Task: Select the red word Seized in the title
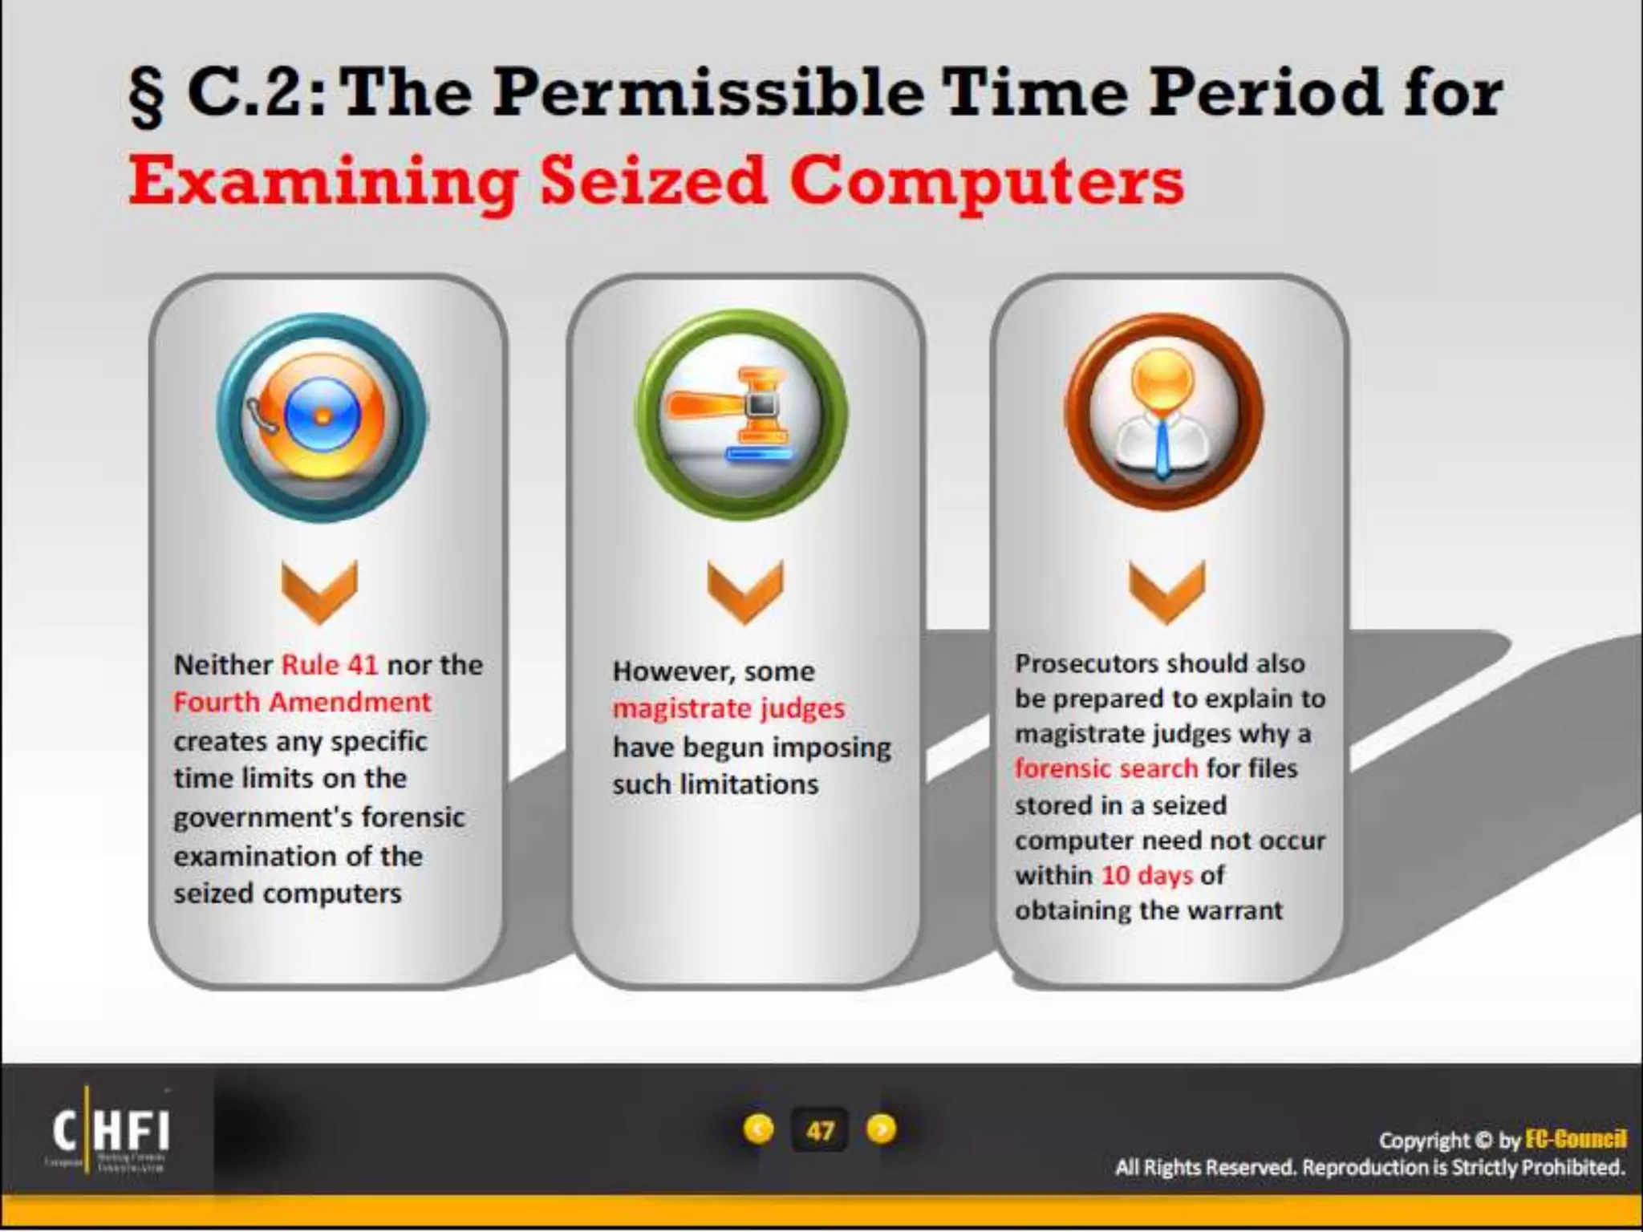[653, 181]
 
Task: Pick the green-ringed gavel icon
[741, 415]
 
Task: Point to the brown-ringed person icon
[1163, 411]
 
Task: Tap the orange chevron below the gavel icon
[745, 592]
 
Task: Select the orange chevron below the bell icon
[319, 592]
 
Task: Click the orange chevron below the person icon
[1166, 592]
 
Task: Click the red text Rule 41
[330, 665]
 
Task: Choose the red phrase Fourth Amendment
[302, 703]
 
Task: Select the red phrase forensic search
[1105, 768]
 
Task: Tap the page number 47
[819, 1131]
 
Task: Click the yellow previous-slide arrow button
[758, 1129]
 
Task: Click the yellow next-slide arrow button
[881, 1129]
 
